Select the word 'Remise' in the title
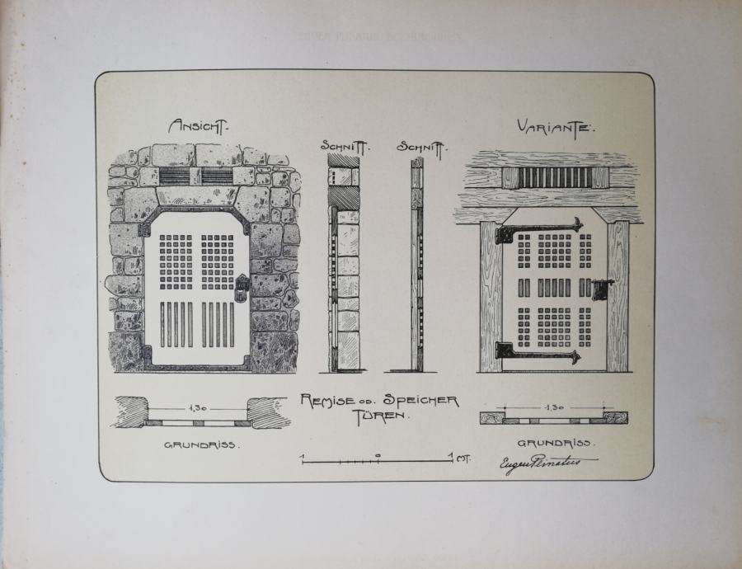pyautogui.click(x=328, y=401)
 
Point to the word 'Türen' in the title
pyautogui.click(x=381, y=416)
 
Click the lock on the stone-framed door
pyautogui.click(x=242, y=287)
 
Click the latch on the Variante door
pyautogui.click(x=602, y=289)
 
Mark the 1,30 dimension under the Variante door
pyautogui.click(x=554, y=407)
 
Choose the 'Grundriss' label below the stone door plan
pyautogui.click(x=200, y=444)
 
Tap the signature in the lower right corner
pyautogui.click(x=538, y=465)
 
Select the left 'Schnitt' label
pyautogui.click(x=345, y=147)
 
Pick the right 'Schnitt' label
pyautogui.click(x=420, y=147)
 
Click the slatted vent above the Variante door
pyautogui.click(x=554, y=177)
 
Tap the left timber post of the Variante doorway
pyautogui.click(x=490, y=297)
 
